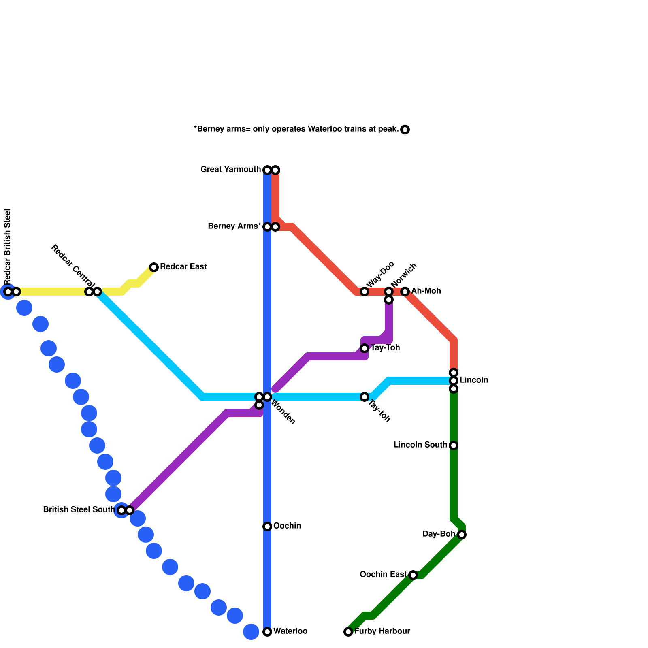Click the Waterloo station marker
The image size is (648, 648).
click(x=267, y=632)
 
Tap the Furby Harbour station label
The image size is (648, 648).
click(x=382, y=631)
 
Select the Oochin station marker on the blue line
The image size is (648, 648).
click(x=267, y=526)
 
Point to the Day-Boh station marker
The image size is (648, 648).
click(x=462, y=535)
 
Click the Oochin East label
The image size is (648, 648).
click(x=383, y=575)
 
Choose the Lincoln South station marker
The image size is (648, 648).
click(x=454, y=446)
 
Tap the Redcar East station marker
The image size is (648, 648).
click(x=154, y=267)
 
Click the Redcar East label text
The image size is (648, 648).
click(x=183, y=267)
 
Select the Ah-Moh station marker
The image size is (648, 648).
click(x=405, y=292)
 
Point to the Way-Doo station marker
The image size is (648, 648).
click(x=364, y=292)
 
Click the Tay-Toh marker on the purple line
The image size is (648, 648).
click(x=364, y=348)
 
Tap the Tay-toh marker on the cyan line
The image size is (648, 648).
click(x=364, y=397)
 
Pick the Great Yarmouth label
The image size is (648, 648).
click(x=230, y=170)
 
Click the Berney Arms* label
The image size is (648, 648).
click(x=234, y=226)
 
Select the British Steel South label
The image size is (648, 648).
click(x=79, y=510)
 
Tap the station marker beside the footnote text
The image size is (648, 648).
click(x=405, y=130)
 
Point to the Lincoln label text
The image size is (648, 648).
click(x=474, y=380)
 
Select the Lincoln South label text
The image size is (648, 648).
click(x=420, y=445)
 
